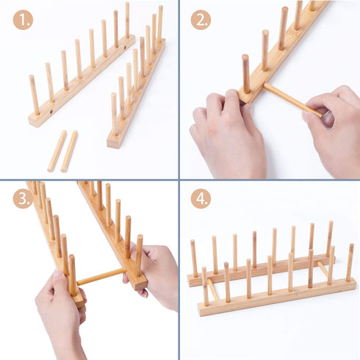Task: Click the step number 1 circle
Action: [x=23, y=20]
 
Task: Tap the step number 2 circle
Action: [x=201, y=20]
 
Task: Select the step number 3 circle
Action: [x=23, y=198]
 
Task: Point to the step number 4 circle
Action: [x=201, y=198]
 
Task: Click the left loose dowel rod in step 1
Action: [x=57, y=151]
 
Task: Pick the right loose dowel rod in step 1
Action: [x=69, y=151]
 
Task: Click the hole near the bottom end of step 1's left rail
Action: [x=51, y=112]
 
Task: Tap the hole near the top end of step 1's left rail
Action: [x=125, y=47]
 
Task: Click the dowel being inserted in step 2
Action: [x=293, y=100]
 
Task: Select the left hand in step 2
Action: [x=228, y=134]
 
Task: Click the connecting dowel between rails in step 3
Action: [x=101, y=277]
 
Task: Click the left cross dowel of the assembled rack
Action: [x=212, y=289]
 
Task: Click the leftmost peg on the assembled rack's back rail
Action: [x=194, y=259]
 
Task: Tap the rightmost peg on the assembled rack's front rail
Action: [x=350, y=262]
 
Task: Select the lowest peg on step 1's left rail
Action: [x=35, y=95]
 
